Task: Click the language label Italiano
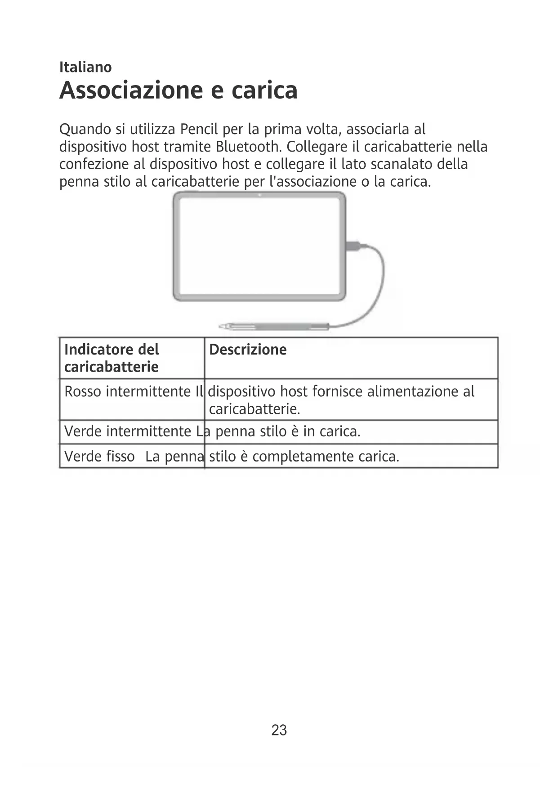pos(85,67)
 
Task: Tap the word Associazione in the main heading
pos(132,90)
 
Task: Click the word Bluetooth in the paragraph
pos(248,147)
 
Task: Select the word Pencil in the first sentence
pos(199,130)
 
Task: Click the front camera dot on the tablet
pos(260,195)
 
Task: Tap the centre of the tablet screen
pos(259,246)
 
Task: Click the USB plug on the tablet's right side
pos(353,246)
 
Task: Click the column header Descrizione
pos(248,350)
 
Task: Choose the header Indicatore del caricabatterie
pos(112,358)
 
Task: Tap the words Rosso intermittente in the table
pos(127,391)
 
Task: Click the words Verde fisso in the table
pos(99,457)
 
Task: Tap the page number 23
pos(279,730)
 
